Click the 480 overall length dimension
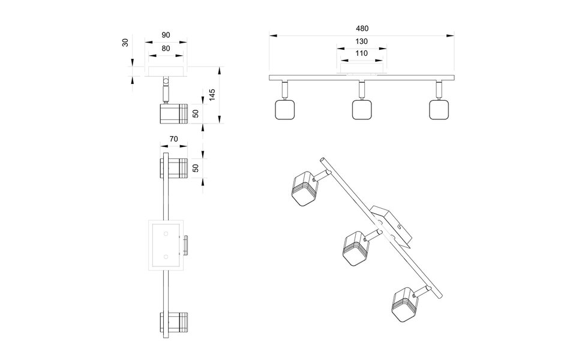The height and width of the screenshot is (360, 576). pos(361,28)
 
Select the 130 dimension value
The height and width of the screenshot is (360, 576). pos(361,42)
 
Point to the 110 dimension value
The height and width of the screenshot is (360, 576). pos(361,53)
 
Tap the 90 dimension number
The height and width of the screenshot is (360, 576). pos(166,35)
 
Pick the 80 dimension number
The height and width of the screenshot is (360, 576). pos(166,49)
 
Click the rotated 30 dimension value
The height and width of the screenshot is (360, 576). pos(125,43)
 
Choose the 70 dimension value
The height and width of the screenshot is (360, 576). pos(173,139)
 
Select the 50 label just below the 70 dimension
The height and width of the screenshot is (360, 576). pos(196,169)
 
